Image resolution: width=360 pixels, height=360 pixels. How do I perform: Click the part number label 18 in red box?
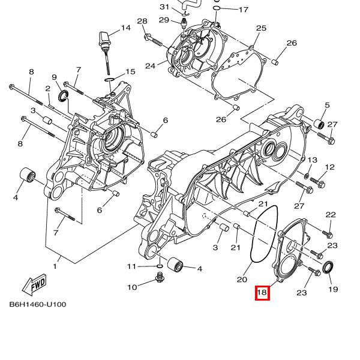(x=262, y=293)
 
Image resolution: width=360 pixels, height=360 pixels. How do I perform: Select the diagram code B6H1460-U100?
(x=38, y=304)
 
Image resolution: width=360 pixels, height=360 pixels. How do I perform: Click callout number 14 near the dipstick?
(x=125, y=28)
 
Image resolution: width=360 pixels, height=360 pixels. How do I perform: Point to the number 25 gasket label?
(x=261, y=28)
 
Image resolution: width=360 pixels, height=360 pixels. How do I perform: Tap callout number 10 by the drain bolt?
(x=132, y=287)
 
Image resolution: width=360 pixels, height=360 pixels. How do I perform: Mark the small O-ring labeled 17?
(x=217, y=10)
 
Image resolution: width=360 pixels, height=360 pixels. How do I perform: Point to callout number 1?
(x=56, y=266)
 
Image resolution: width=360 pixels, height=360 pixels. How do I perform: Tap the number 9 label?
(x=54, y=77)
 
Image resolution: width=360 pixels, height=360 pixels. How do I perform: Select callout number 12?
(x=330, y=167)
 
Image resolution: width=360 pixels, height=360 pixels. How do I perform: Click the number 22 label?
(x=331, y=215)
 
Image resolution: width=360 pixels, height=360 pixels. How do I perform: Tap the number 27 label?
(x=332, y=125)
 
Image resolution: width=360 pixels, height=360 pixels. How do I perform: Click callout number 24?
(x=150, y=65)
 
